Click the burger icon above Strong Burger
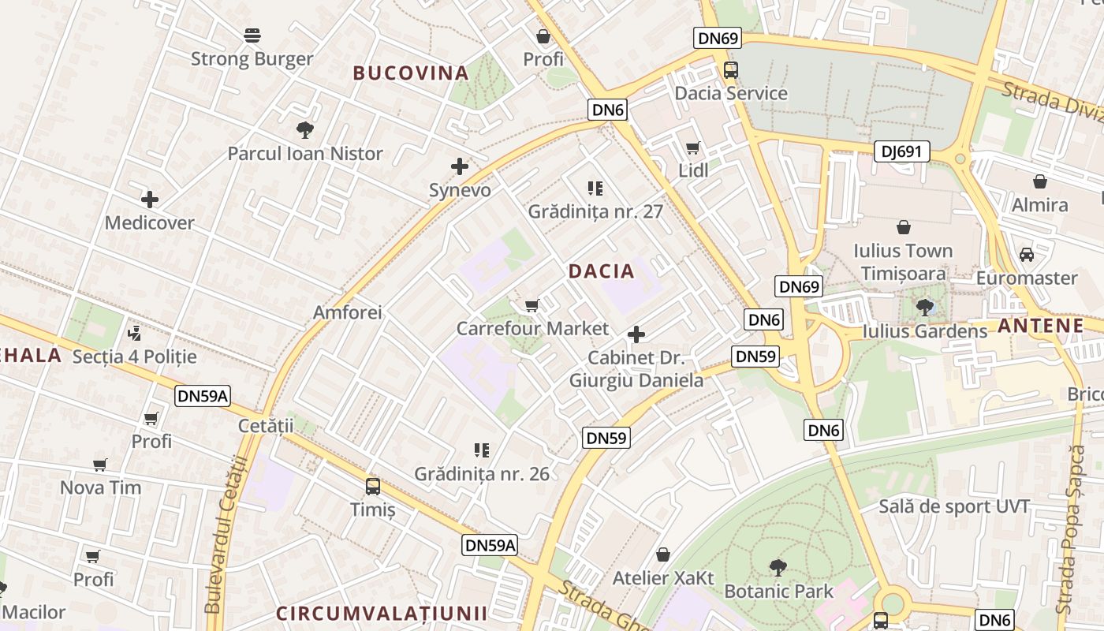pos(252,35)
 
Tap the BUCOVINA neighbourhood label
pos(411,73)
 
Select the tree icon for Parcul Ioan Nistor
pos(305,130)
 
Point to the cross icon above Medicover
pos(149,200)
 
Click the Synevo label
pos(460,190)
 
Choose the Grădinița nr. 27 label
pos(595,211)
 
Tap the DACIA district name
pos(601,271)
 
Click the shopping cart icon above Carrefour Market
pos(532,305)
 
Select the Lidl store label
pos(693,170)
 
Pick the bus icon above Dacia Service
pos(731,69)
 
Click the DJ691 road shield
pos(901,151)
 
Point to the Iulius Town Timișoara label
pos(903,262)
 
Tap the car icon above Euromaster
pos(1027,255)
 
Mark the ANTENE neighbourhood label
pos(1040,326)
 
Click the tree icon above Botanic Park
pos(778,567)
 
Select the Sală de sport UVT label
pos(954,506)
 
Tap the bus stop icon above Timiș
pos(373,487)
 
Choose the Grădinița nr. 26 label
pos(482,474)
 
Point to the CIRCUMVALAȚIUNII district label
pos(382,614)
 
